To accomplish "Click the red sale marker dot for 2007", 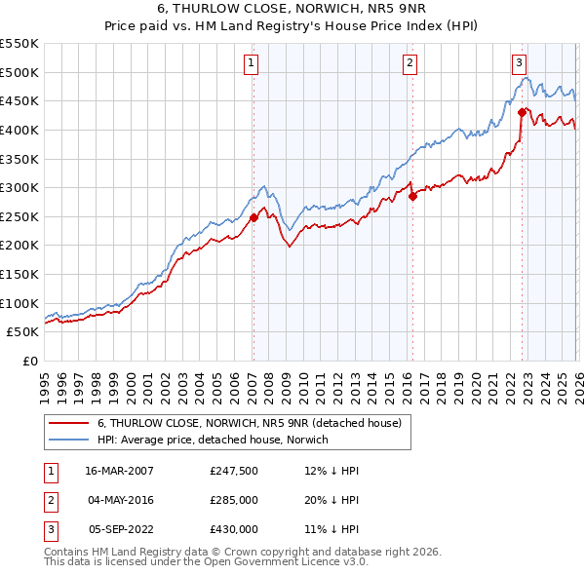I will point(253,217).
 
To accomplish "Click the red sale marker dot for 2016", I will point(411,196).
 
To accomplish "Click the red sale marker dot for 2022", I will point(522,111).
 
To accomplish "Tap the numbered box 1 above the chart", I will point(252,63).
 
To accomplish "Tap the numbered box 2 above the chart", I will point(409,63).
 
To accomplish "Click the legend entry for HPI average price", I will point(213,440).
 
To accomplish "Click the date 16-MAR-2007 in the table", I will point(120,471).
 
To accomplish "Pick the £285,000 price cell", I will point(234,500).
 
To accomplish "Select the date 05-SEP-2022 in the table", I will point(120,529).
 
